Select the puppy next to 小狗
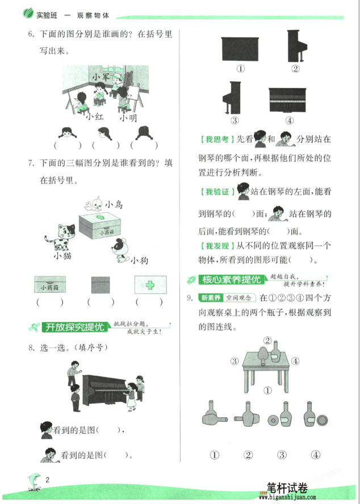(121, 250)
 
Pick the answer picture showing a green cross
(150, 284)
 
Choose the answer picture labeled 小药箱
(49, 284)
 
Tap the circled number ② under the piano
(295, 69)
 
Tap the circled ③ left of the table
(233, 361)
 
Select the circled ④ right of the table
(295, 361)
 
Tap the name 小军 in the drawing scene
(101, 76)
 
